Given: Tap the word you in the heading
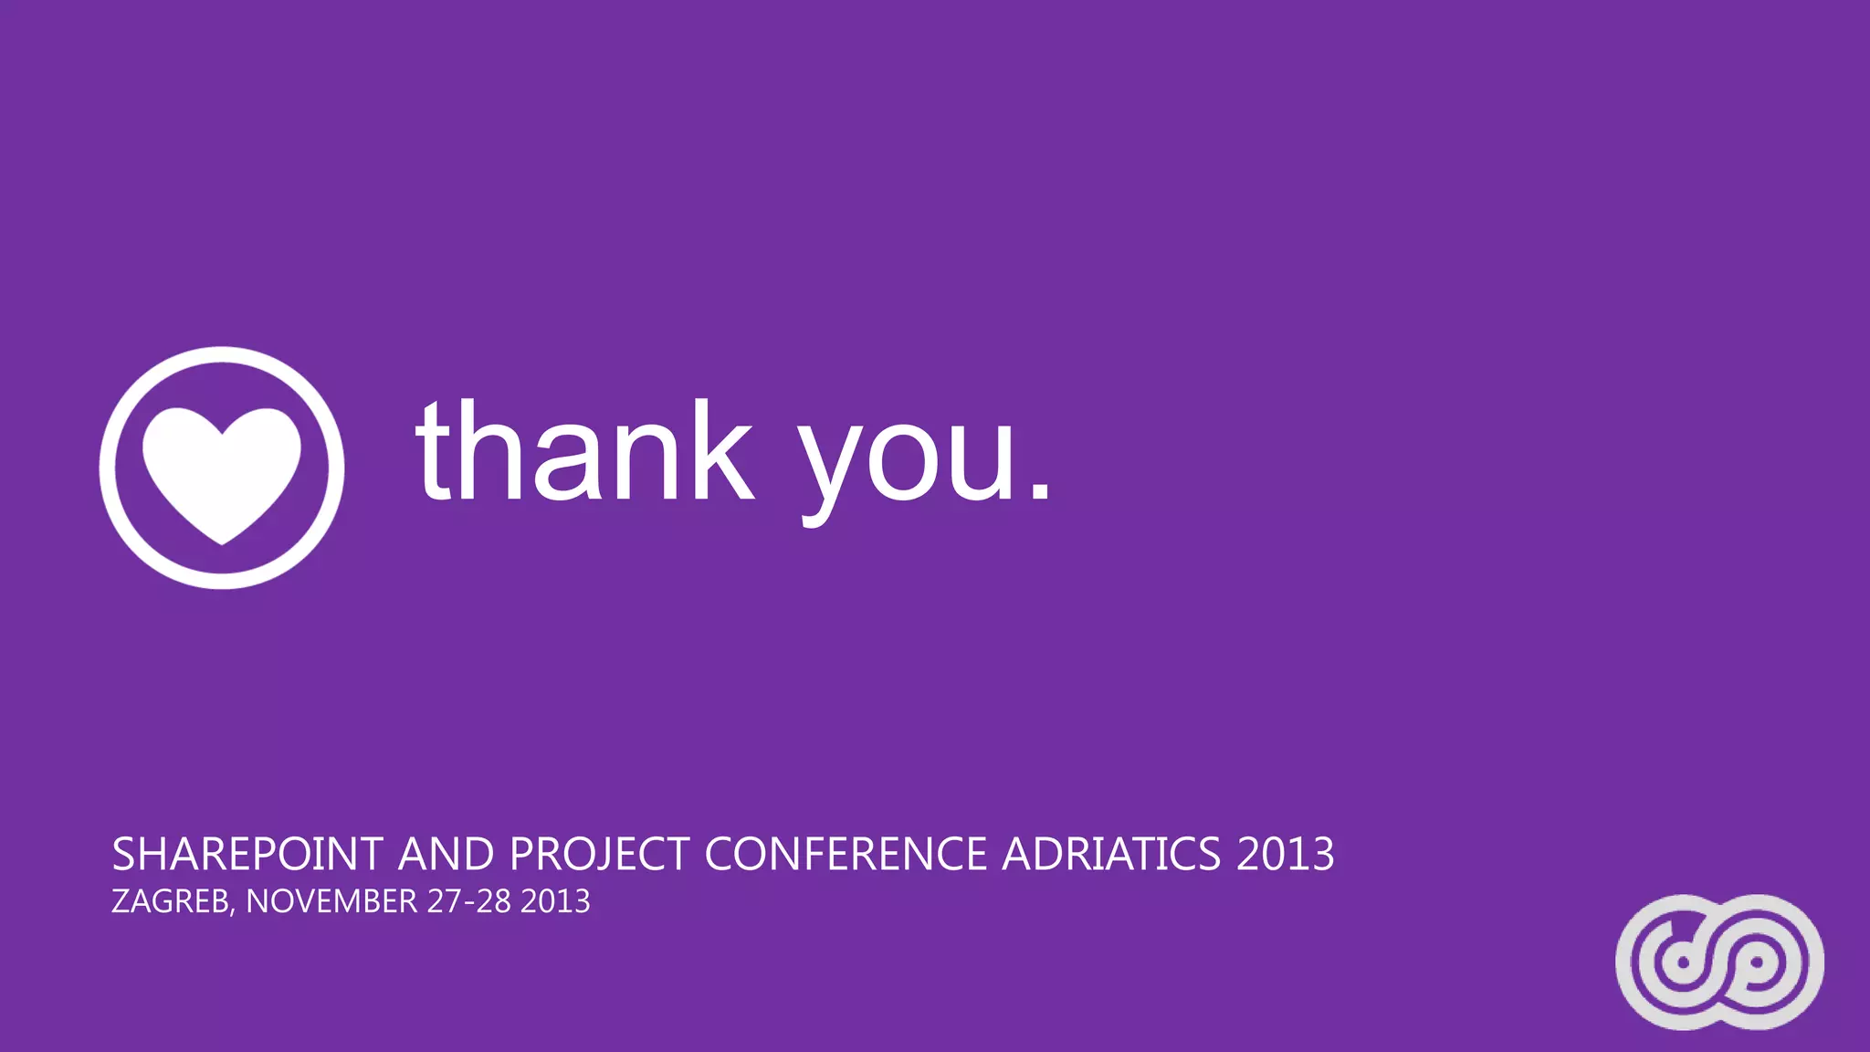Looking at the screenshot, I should point(908,461).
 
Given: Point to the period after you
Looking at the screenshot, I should point(1040,493).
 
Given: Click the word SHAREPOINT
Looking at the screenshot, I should point(247,855).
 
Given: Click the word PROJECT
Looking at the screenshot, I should point(599,855).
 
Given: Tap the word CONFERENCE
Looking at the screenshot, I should point(846,855).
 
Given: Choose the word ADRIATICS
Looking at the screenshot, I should point(1111,855).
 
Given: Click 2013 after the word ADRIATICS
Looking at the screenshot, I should point(1286,855).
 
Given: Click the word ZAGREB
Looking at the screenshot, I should point(170,901).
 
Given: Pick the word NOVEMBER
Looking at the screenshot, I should point(331,901).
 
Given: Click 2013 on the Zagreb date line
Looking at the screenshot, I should point(555,901).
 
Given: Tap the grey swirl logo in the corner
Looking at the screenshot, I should point(1719,962).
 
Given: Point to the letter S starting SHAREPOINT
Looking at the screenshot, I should point(123,855).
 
